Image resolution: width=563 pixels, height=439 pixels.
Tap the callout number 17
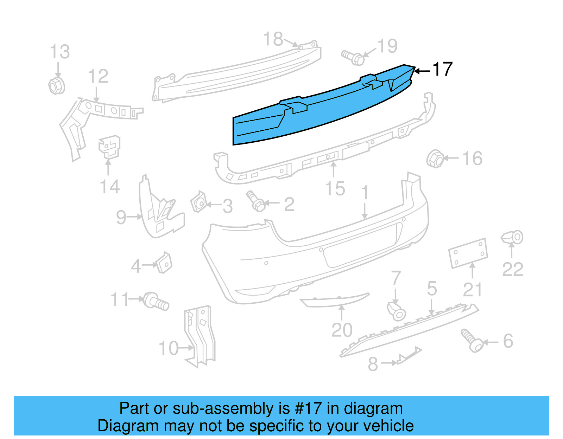click(x=442, y=69)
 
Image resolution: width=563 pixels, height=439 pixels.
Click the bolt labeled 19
click(x=353, y=57)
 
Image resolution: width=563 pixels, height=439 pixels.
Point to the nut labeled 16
click(x=435, y=159)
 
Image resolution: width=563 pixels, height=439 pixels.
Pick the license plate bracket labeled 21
click(x=468, y=253)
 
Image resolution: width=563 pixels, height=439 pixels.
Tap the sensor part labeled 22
click(x=513, y=238)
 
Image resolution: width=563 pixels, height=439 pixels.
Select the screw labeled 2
click(x=257, y=201)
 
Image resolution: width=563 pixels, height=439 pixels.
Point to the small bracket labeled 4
click(x=164, y=263)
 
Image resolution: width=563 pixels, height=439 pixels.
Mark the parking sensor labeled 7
click(x=397, y=311)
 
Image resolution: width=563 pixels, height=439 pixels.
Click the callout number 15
click(x=335, y=189)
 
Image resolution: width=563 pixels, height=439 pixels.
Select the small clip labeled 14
click(x=109, y=147)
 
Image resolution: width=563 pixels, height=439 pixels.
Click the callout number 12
click(x=98, y=76)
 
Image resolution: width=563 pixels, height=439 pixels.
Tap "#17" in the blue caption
click(x=308, y=408)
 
